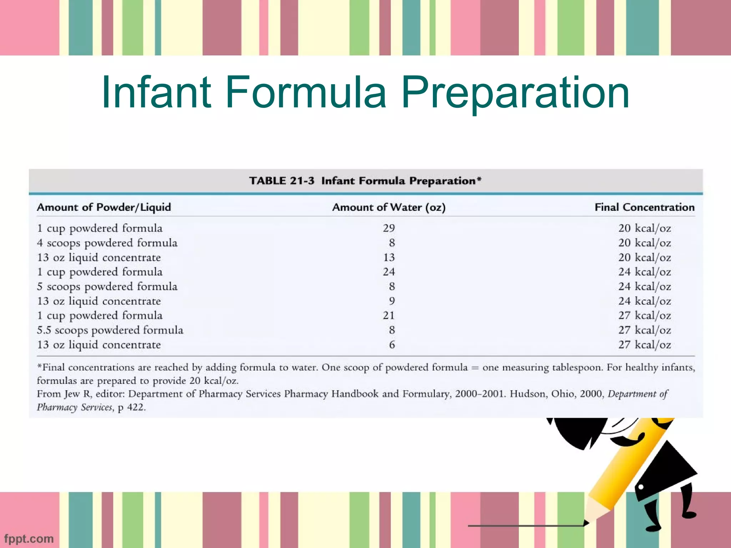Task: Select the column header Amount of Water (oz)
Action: click(x=389, y=207)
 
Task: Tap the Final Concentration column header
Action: click(x=644, y=207)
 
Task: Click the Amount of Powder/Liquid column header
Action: click(x=104, y=207)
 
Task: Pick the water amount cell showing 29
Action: click(x=389, y=228)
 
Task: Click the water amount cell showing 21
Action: click(x=389, y=315)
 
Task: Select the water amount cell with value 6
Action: click(x=392, y=345)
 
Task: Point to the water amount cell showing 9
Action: click(x=392, y=301)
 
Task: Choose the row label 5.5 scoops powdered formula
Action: click(x=110, y=330)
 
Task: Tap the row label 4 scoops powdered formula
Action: click(x=107, y=243)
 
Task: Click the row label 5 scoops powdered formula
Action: click(x=107, y=286)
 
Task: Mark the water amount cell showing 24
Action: click(x=389, y=272)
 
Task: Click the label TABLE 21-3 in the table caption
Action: click(x=282, y=181)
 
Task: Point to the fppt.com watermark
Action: click(x=29, y=538)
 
